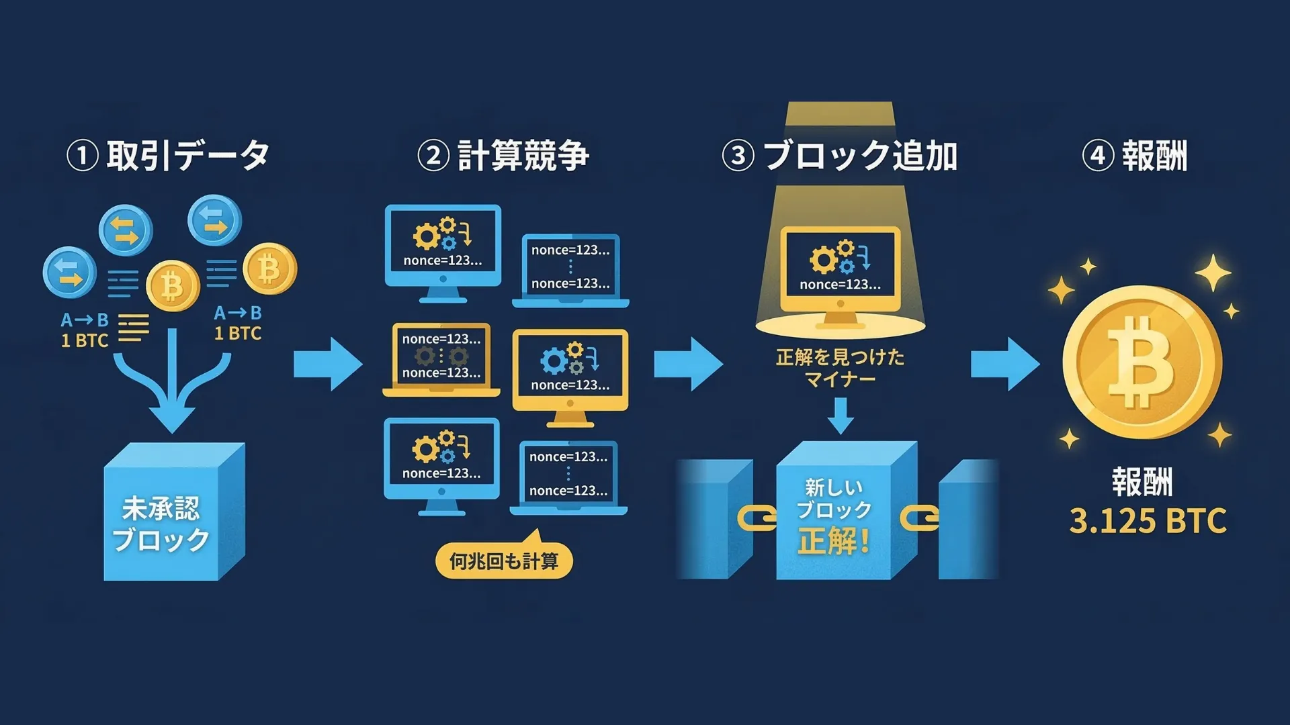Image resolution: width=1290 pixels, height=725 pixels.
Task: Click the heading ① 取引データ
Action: click(x=168, y=156)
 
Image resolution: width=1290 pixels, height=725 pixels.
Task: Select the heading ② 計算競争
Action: click(x=503, y=156)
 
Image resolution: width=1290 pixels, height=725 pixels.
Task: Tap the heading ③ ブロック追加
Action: click(x=840, y=156)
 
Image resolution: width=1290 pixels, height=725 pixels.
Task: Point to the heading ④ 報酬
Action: click(x=1135, y=156)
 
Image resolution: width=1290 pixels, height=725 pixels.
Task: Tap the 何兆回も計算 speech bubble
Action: click(x=504, y=561)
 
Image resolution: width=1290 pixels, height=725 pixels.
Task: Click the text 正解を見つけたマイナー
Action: click(x=840, y=368)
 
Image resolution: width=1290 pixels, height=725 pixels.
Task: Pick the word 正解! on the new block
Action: click(x=834, y=541)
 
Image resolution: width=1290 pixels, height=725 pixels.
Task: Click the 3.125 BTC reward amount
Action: click(x=1148, y=521)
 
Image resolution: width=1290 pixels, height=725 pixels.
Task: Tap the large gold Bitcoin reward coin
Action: click(x=1142, y=362)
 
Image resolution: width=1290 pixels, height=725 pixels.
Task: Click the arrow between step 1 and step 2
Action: click(x=328, y=364)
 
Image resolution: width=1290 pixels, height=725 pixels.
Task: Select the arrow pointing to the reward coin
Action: click(x=1005, y=364)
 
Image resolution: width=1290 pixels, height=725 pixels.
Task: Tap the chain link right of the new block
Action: click(x=919, y=518)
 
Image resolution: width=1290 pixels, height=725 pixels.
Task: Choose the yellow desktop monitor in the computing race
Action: click(x=570, y=373)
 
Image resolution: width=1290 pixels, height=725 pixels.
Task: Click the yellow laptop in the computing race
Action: click(x=441, y=359)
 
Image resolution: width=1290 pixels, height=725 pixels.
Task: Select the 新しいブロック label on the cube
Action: click(x=833, y=498)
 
